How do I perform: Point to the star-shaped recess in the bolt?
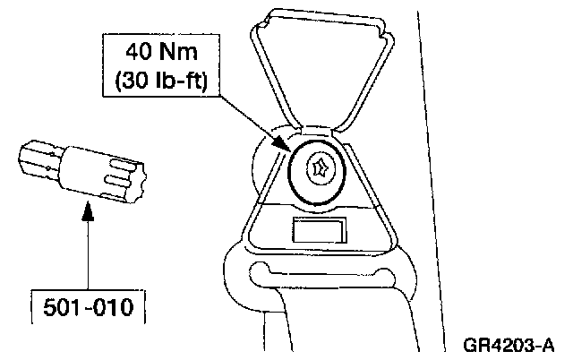pos(321,167)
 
